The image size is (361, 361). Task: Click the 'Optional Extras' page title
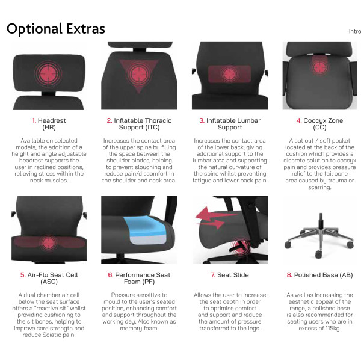(x=56, y=29)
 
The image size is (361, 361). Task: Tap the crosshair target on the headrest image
(x=48, y=73)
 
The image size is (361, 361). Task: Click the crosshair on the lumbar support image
(x=230, y=74)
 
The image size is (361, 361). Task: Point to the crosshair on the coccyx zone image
(x=319, y=67)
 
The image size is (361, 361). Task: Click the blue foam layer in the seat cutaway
(x=144, y=226)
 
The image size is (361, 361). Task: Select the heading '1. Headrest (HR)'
(x=49, y=123)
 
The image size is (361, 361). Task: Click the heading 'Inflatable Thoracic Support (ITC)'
(x=140, y=123)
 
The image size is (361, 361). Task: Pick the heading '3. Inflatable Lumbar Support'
(x=230, y=123)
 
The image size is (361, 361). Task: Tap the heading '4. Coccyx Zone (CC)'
(x=319, y=123)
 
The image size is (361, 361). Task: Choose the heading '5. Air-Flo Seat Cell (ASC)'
(x=49, y=278)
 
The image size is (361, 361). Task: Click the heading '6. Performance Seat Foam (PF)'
(x=140, y=278)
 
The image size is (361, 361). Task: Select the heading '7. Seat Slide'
(x=230, y=275)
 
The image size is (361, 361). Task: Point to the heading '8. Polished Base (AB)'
(x=319, y=275)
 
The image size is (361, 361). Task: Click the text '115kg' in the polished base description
(x=333, y=329)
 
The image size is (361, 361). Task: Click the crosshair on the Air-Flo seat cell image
(x=49, y=243)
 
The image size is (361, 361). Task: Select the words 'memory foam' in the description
(x=139, y=329)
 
